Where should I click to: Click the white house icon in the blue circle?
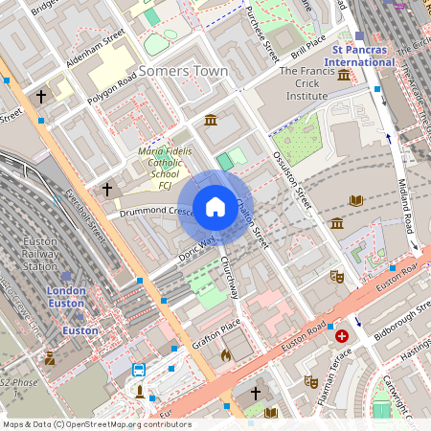coord(215,207)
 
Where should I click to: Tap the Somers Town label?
coord(183,72)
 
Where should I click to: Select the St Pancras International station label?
coord(363,55)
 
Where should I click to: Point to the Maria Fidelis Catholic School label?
coord(165,164)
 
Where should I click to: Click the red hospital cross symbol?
coord(342,336)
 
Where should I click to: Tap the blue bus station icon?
coord(139,370)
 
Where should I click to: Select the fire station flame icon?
coord(225,355)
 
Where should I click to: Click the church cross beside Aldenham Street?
coord(41,97)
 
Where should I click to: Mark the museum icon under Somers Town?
coord(211,119)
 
